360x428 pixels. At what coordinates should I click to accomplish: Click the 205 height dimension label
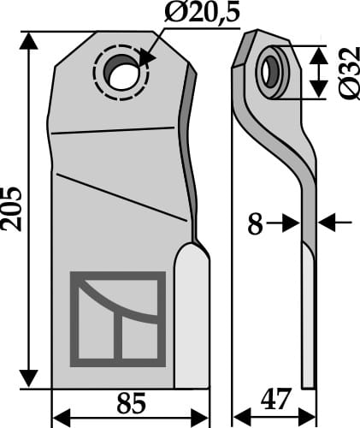tap(13, 208)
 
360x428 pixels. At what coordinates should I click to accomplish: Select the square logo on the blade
tap(117, 317)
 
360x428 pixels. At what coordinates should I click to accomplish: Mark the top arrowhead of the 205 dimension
tap(31, 39)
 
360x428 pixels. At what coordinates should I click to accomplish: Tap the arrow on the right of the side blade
tap(328, 223)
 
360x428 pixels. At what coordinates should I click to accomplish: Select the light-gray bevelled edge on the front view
tap(192, 317)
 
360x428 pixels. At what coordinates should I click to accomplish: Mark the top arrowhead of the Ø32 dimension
tap(317, 52)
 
